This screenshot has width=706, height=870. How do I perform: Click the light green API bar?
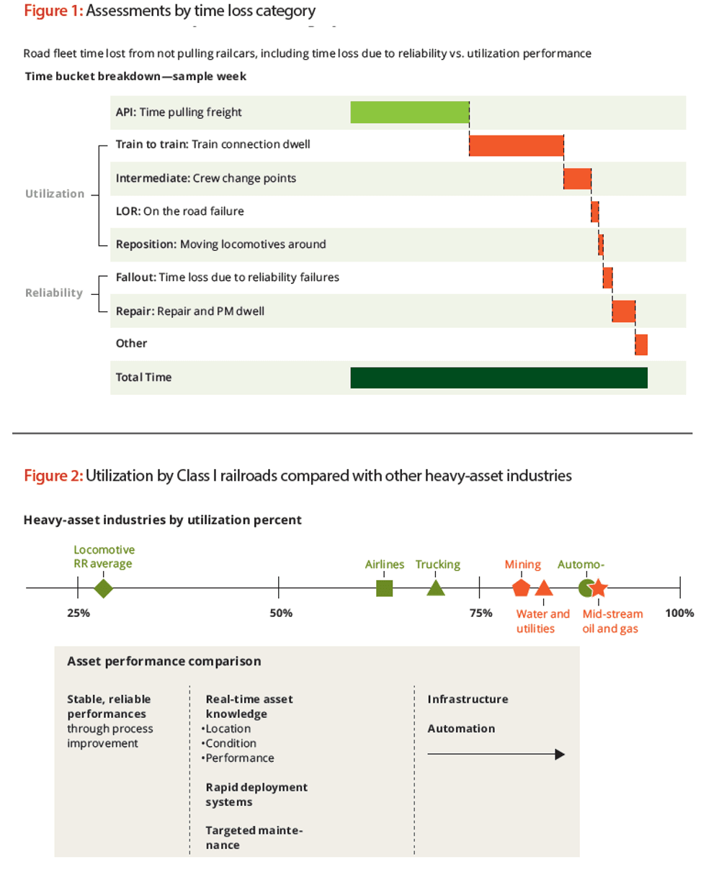point(409,112)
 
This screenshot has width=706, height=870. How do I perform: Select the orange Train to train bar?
point(516,145)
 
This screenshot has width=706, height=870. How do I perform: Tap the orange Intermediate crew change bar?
point(577,178)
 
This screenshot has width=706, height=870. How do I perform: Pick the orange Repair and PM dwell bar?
point(623,311)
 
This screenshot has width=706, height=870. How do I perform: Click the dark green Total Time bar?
point(499,378)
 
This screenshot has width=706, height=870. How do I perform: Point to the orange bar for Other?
point(641,345)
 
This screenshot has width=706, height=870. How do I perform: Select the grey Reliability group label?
point(54,293)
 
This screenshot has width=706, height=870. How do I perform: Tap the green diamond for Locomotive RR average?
point(104,588)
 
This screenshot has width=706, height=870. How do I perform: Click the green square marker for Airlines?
point(385,588)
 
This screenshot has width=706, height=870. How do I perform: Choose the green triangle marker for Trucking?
point(436,588)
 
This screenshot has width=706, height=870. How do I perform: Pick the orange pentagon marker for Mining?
point(521,588)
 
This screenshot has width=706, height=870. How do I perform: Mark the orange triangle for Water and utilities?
point(545,588)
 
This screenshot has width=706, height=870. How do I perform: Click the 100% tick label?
point(679,613)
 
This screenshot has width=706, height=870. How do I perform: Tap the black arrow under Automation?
point(496,755)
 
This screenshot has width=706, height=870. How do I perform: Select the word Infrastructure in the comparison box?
point(468,699)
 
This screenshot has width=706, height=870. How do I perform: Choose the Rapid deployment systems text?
point(256,794)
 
